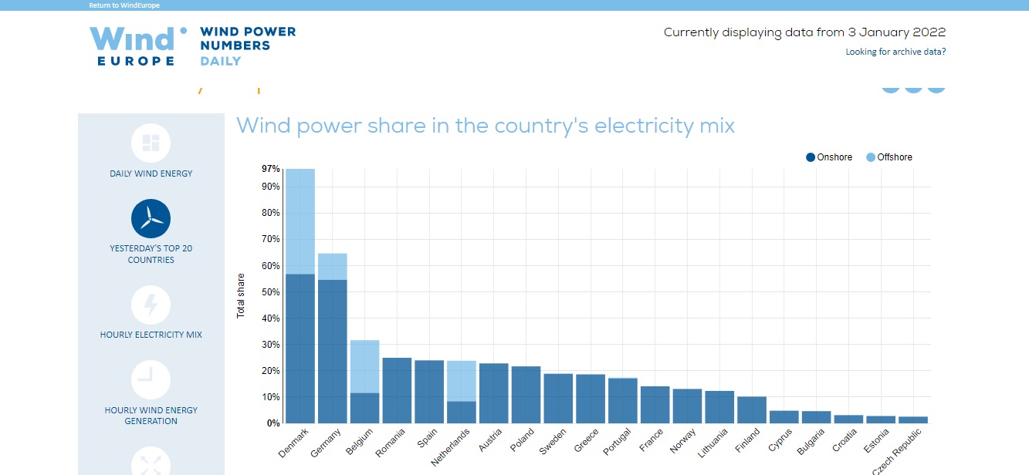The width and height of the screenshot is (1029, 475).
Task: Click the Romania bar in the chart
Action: (397, 390)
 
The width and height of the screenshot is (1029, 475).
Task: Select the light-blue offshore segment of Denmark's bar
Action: (300, 221)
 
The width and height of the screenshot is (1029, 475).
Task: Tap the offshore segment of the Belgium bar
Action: (365, 367)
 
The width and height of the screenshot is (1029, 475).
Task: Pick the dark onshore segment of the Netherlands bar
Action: (462, 412)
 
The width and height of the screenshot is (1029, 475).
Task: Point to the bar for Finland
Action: (752, 409)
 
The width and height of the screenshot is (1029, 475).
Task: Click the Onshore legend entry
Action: (829, 157)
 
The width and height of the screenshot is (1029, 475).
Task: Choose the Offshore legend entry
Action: (889, 157)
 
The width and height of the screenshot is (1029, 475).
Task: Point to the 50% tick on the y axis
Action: (271, 292)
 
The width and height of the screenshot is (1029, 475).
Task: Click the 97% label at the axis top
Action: (271, 169)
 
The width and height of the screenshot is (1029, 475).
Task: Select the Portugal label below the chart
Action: (617, 442)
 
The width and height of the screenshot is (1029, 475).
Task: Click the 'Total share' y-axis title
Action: (241, 295)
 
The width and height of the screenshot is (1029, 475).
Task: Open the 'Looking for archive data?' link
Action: (895, 52)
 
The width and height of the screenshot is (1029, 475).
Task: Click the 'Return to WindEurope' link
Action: (124, 5)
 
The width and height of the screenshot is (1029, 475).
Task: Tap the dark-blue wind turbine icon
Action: (151, 218)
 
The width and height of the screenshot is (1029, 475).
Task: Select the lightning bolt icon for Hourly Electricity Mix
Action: (151, 305)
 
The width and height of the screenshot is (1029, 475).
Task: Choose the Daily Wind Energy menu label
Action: (151, 173)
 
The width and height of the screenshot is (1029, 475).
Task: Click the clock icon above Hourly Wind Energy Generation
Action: (151, 380)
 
